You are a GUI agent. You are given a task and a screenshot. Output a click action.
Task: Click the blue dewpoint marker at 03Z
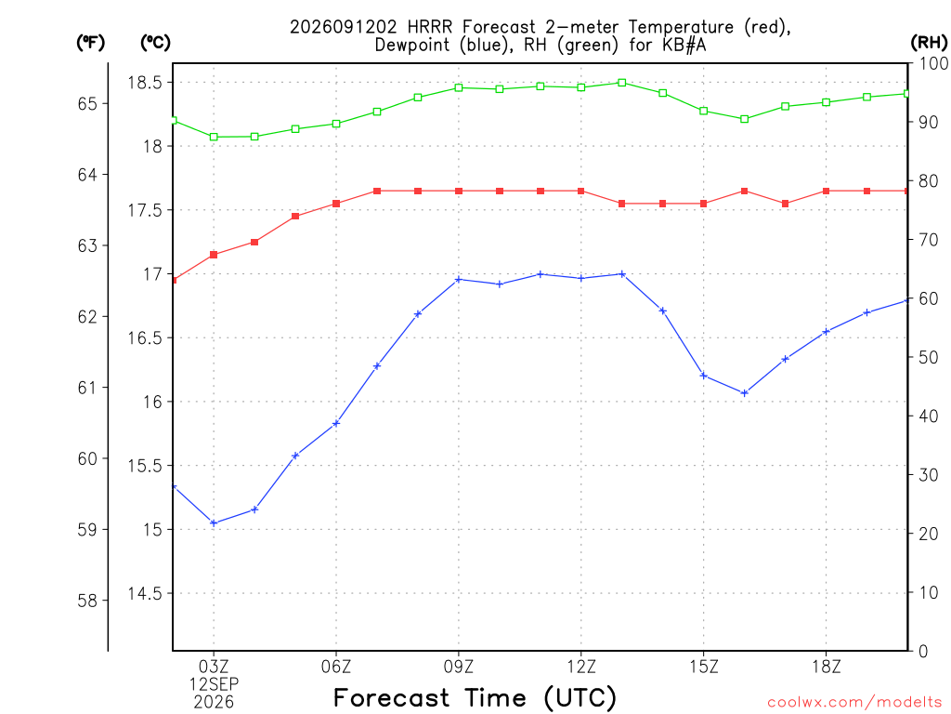click(214, 522)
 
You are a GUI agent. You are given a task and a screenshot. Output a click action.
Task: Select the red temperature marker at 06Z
click(336, 204)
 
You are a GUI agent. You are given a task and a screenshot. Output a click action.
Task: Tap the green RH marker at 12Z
click(581, 87)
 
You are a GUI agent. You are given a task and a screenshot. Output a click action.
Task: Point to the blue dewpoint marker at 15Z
click(704, 376)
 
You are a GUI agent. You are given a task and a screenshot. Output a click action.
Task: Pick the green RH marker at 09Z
click(459, 88)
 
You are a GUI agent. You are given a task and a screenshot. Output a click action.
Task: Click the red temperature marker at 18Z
click(826, 191)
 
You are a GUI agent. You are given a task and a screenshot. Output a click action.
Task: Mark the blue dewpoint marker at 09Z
click(459, 279)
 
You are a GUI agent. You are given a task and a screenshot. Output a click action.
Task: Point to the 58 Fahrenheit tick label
click(87, 602)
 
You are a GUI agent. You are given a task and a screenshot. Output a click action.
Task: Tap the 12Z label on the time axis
click(581, 667)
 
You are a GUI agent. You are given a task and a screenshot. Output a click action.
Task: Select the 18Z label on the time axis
click(826, 667)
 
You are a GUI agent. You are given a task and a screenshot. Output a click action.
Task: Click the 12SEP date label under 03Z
click(214, 684)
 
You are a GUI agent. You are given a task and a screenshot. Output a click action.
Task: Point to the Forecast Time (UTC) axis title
click(475, 698)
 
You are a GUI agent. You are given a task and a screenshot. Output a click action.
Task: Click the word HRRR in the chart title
click(432, 27)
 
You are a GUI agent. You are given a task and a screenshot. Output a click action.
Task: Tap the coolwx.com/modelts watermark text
click(854, 703)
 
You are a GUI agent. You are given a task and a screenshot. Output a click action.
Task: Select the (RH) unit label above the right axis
click(929, 43)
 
